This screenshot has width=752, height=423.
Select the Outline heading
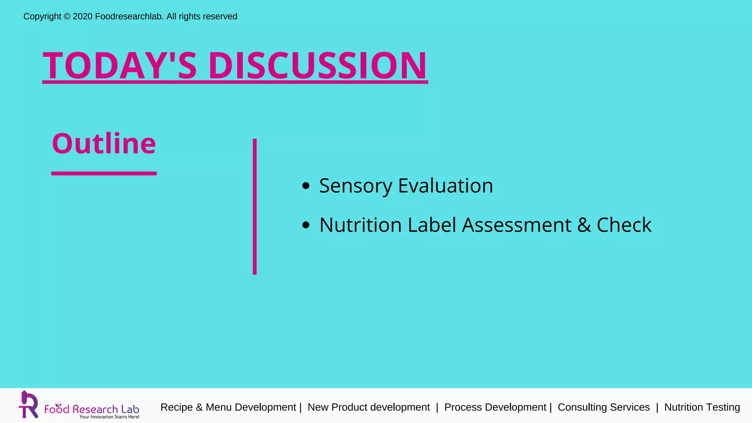(104, 144)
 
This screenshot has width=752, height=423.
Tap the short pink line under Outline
(104, 173)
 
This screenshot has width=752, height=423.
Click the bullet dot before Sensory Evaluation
(305, 186)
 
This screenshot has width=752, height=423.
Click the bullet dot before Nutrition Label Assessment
(305, 225)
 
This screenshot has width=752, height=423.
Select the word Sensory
(355, 186)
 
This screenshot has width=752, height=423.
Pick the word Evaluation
(445, 186)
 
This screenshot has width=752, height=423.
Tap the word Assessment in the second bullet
(517, 225)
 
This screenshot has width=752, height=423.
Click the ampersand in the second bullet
(584, 225)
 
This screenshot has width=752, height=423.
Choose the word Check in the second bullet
(624, 225)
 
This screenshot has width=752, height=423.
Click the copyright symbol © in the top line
(67, 17)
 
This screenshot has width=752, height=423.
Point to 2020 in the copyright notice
(83, 17)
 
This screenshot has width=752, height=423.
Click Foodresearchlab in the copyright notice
(129, 17)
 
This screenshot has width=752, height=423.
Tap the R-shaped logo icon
(29, 405)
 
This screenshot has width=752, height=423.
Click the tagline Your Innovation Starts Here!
(109, 417)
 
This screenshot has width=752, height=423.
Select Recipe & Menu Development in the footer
(228, 407)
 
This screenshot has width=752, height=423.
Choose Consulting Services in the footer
(604, 407)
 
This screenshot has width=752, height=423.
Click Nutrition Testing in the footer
(702, 407)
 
